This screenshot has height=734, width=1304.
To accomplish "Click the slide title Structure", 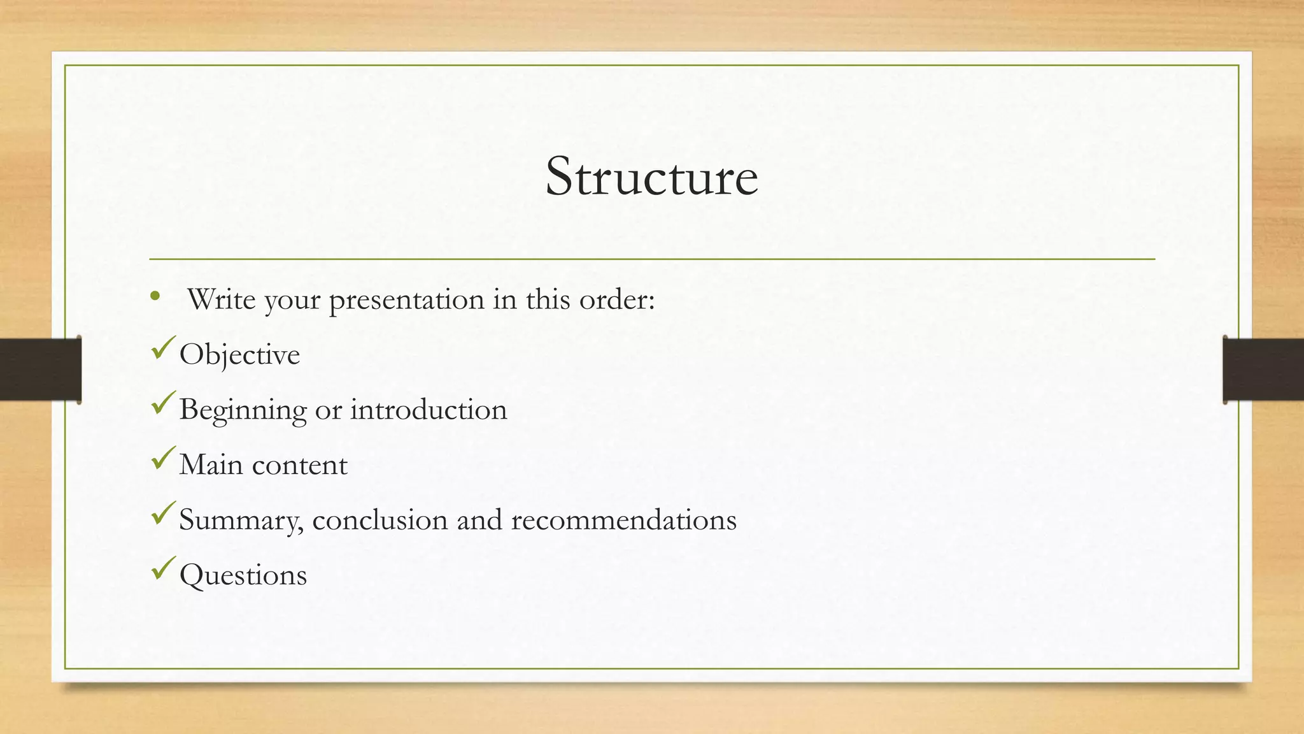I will point(651,176).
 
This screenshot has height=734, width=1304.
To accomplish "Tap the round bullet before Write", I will point(155,296).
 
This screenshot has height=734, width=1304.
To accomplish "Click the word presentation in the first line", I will point(406,300).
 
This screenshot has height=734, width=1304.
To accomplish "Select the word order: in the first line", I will point(616,299).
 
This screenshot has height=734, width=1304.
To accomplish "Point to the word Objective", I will point(239,355).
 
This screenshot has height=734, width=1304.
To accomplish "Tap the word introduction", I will point(429,410).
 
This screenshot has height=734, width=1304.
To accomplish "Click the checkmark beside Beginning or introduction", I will point(163,403).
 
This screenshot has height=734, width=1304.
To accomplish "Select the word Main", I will point(211,464).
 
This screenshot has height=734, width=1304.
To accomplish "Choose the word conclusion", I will point(380,520).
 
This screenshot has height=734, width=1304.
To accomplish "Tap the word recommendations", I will point(623,520).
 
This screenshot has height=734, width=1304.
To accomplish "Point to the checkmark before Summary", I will point(163,514).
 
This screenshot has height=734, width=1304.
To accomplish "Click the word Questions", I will point(243,575).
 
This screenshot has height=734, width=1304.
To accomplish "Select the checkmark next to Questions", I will point(163,568).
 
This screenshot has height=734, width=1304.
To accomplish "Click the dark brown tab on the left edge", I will point(40,370).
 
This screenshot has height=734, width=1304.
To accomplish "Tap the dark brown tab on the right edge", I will point(1263,370).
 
